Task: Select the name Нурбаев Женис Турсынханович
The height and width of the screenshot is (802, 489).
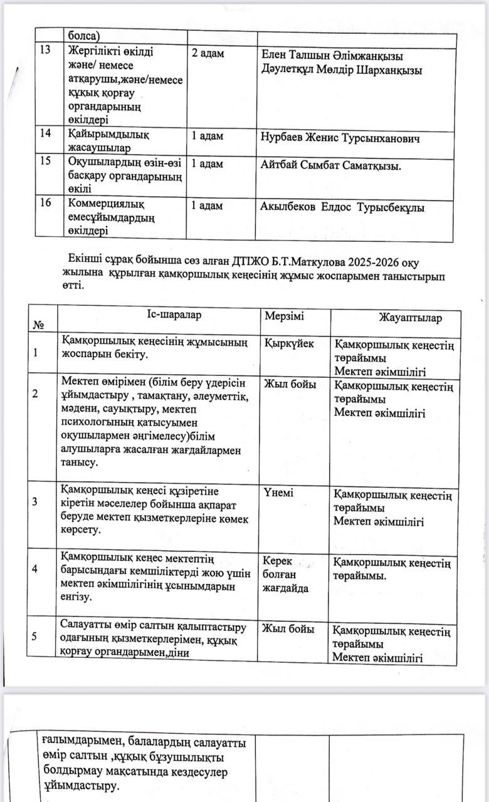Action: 340,138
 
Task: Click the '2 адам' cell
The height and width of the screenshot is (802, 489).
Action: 207,53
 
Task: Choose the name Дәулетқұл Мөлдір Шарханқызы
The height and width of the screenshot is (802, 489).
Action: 342,70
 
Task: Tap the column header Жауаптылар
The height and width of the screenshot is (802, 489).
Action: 410,318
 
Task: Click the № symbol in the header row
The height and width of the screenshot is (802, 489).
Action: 38,325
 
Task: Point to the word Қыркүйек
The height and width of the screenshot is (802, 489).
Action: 289,343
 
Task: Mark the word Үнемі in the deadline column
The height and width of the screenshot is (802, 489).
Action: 278,492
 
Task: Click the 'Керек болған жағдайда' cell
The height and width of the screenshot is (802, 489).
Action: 285,575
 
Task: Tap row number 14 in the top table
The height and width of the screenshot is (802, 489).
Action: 45,133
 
